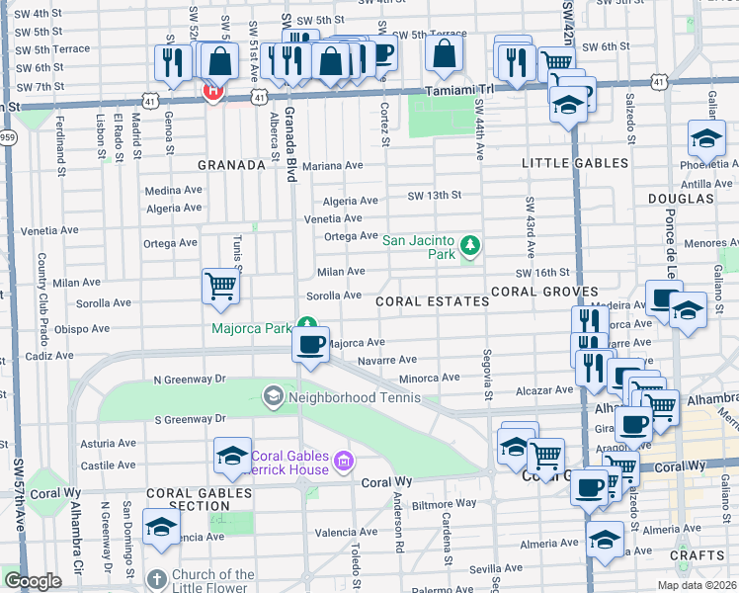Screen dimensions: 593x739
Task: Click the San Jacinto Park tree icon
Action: click(471, 244)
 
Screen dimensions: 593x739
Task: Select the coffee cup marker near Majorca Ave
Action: click(311, 345)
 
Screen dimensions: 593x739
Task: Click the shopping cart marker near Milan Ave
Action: click(221, 287)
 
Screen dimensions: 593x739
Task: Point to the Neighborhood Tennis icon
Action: click(272, 398)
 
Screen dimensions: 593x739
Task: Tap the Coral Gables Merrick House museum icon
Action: click(343, 460)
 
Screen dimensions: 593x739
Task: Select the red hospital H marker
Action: click(211, 92)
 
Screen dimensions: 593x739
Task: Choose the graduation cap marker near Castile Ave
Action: click(232, 455)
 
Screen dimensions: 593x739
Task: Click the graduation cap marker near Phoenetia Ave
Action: click(706, 138)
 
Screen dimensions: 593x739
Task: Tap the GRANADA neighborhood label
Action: click(231, 165)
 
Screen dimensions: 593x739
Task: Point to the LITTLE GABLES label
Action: click(575, 163)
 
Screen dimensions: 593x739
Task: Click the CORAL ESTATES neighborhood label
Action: click(432, 300)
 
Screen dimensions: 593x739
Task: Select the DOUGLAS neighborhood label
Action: click(681, 199)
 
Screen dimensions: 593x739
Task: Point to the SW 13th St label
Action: click(435, 196)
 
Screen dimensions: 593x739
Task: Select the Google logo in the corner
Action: click(33, 581)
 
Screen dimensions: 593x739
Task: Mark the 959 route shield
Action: click(7, 137)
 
